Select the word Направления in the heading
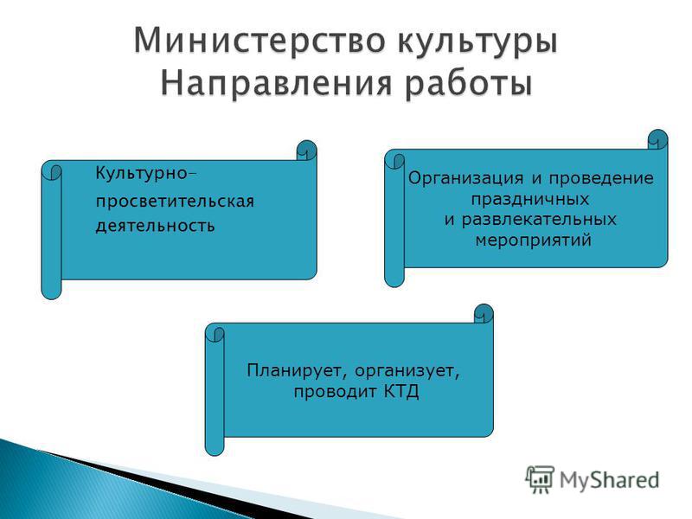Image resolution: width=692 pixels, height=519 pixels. click(x=276, y=84)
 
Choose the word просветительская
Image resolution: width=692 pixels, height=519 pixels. click(x=176, y=202)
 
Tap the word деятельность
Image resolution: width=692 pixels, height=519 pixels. click(x=156, y=226)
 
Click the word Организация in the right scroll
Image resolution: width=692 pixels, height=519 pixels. click(x=465, y=179)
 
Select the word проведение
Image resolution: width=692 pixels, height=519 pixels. click(x=601, y=179)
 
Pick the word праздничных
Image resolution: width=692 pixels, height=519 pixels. click(x=530, y=200)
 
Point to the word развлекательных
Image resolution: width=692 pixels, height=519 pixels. click(x=539, y=220)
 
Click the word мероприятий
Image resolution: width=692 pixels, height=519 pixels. click(x=534, y=240)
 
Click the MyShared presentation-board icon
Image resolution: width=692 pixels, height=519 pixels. click(x=540, y=479)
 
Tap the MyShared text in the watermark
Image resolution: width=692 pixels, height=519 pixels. click(x=610, y=480)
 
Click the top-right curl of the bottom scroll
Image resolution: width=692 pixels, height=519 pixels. click(x=484, y=314)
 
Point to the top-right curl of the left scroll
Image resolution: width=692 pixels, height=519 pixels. click(x=307, y=151)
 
